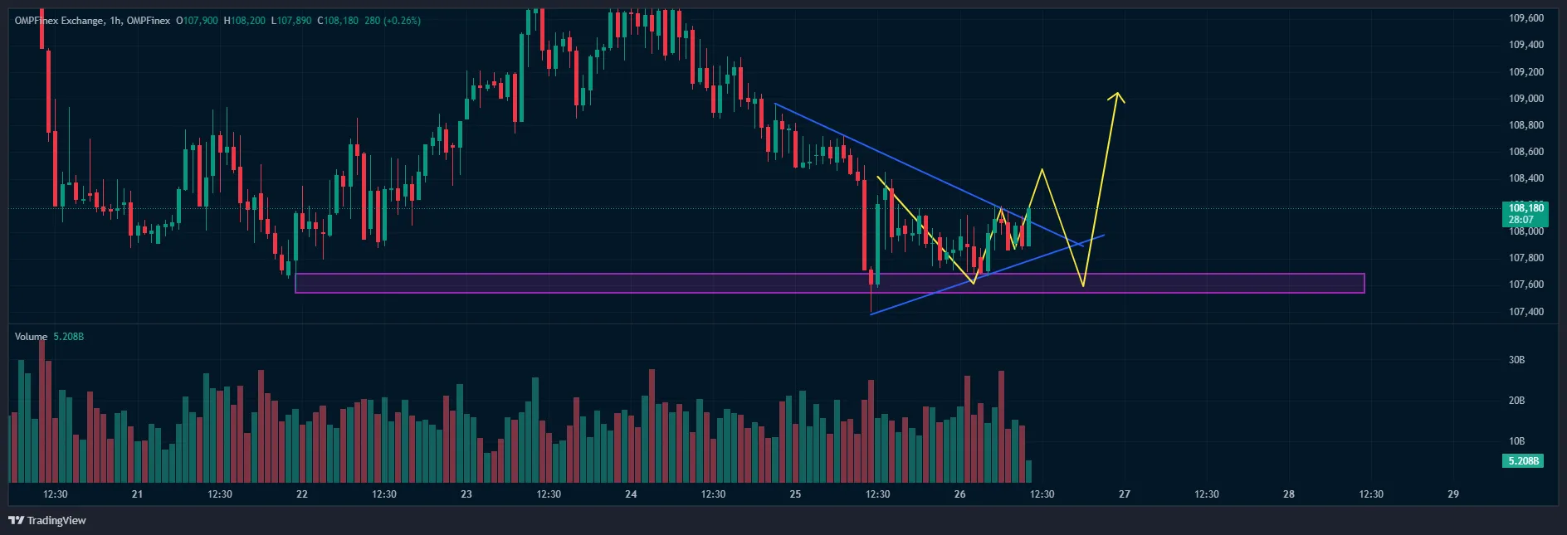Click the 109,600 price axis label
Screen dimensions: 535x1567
(x=1526, y=18)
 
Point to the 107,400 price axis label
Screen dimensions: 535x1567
(x=1526, y=312)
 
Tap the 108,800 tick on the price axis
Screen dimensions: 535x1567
(x=1526, y=125)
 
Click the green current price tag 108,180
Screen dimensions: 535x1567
(x=1526, y=208)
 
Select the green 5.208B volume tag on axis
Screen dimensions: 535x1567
(x=1523, y=460)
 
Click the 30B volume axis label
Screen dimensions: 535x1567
(x=1516, y=360)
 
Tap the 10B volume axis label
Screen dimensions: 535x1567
(x=1516, y=441)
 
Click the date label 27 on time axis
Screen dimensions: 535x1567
(x=1124, y=494)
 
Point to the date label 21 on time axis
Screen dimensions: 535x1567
(x=137, y=494)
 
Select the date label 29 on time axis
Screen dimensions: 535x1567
(x=1452, y=494)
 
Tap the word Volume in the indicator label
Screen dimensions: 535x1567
(x=31, y=337)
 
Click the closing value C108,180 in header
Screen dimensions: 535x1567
(x=338, y=21)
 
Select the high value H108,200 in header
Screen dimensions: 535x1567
(x=245, y=21)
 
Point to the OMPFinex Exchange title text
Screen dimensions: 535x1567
(x=59, y=21)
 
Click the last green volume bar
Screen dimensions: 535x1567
(x=1029, y=471)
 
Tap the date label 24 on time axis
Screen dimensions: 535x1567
(x=631, y=494)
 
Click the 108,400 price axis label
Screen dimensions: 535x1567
(x=1526, y=178)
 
